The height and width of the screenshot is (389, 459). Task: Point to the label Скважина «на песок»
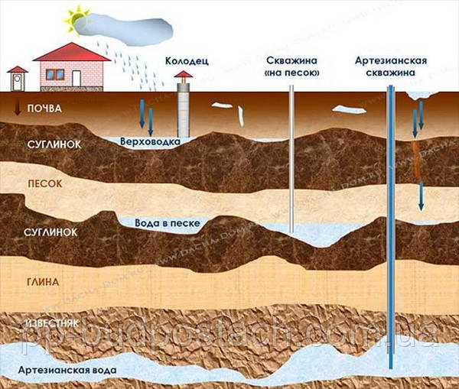pos(291,66)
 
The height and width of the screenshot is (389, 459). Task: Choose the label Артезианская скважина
pos(391,66)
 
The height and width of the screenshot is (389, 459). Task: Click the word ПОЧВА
pos(44,109)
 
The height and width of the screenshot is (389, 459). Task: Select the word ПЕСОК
pos(44,184)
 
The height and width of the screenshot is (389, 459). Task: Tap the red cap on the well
pos(184,76)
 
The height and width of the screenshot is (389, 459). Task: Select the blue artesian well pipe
pos(392,229)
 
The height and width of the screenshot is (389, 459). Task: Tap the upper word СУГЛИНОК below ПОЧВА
pos(50,143)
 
